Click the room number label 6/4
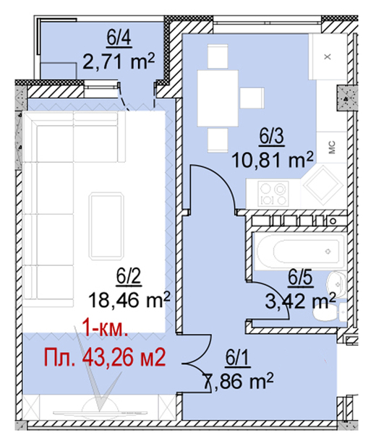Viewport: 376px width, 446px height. pos(119,38)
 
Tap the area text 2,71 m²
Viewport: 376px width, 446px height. pos(119,61)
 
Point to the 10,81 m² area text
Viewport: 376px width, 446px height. pos(273,160)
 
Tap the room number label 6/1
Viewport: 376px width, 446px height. pos(238,358)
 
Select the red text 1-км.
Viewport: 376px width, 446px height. pos(105,330)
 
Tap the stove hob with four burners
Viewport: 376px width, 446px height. pos(273,193)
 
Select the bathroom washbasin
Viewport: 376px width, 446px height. pos(336,283)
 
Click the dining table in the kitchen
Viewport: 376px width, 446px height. pos(218,98)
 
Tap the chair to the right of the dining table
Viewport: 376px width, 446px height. pos(252,98)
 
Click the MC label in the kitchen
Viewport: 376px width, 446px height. pos(332,147)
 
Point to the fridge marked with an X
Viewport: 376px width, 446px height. pos(328,56)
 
